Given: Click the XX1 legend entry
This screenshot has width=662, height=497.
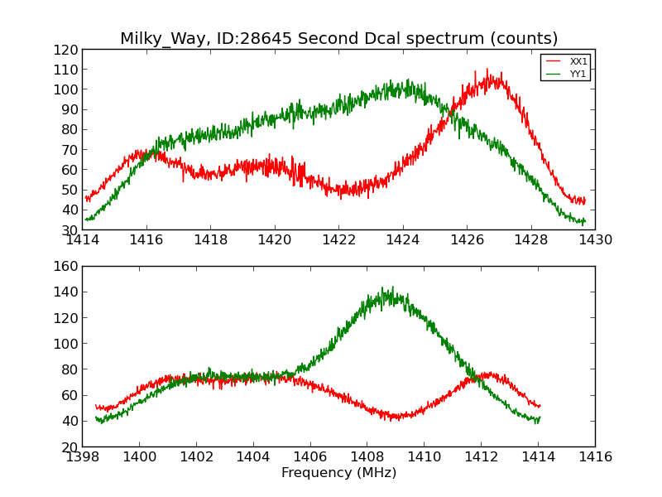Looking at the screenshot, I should [578, 61].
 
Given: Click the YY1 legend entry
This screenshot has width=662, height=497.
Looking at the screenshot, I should [578, 74].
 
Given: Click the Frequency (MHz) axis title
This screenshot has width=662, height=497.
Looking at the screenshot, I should [338, 473].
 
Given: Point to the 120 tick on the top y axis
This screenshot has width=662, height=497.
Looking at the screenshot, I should [66, 50].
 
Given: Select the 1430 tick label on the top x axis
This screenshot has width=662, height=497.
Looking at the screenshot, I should [595, 240].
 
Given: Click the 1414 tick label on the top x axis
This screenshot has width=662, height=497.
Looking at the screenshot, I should [83, 240].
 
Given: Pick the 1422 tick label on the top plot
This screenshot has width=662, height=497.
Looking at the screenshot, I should [338, 240].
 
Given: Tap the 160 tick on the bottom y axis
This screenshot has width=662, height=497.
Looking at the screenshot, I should [66, 267].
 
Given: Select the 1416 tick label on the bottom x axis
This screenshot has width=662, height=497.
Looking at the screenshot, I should [595, 457].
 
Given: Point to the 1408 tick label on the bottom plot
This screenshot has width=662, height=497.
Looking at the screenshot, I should [367, 457].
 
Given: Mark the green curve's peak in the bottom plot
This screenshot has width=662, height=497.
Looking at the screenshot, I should [381, 288].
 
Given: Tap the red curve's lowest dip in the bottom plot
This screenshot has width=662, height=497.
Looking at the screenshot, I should [395, 419].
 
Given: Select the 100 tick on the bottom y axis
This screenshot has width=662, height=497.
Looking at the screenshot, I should [66, 344].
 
